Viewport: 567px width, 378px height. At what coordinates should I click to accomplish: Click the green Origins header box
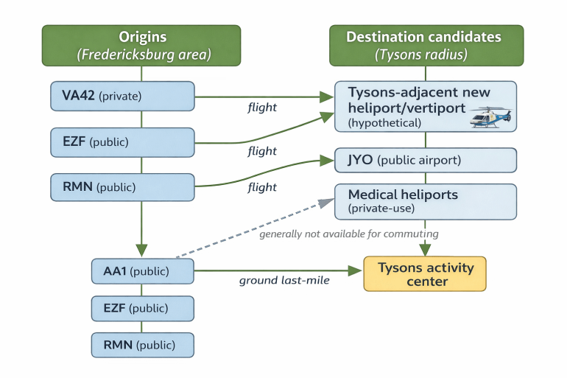(x=141, y=45)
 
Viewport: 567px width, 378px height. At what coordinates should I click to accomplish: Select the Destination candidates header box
(x=425, y=45)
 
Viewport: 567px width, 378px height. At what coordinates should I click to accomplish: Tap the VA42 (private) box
(x=122, y=96)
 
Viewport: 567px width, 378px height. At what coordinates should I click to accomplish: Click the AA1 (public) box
(x=142, y=272)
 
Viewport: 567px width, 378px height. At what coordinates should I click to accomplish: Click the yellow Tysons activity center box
(x=425, y=274)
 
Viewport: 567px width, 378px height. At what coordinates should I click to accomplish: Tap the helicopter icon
(x=490, y=118)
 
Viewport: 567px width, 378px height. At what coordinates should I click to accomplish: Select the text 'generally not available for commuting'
(x=348, y=234)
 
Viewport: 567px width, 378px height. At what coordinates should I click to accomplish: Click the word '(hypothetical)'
(x=384, y=123)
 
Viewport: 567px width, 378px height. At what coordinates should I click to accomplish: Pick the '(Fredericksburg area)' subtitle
(x=142, y=54)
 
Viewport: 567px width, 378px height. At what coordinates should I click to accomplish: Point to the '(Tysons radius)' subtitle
(x=425, y=54)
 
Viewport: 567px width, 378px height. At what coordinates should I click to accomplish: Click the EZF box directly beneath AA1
(x=142, y=309)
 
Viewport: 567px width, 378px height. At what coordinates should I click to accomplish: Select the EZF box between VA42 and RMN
(x=122, y=141)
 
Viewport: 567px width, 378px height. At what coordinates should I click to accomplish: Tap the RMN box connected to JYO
(x=122, y=187)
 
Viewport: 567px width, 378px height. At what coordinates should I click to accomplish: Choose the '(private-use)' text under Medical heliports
(x=381, y=209)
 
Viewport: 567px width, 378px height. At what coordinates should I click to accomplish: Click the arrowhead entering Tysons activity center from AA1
(x=356, y=272)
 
